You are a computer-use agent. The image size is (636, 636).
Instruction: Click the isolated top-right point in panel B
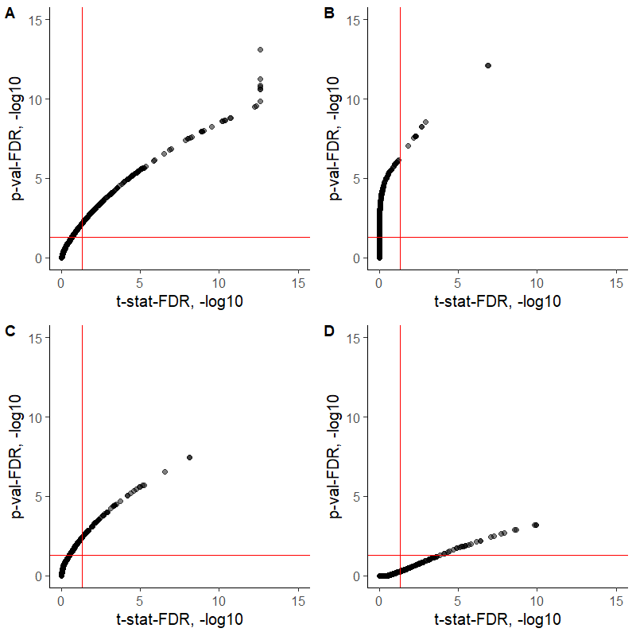tap(487, 65)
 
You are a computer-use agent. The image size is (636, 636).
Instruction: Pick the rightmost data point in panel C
tap(189, 457)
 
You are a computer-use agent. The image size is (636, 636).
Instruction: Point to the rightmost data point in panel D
tap(536, 525)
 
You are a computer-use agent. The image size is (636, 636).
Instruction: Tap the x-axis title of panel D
tap(498, 619)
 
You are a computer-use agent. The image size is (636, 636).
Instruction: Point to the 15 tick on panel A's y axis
tap(37, 20)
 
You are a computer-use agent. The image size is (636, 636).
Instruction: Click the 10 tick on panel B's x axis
tap(537, 282)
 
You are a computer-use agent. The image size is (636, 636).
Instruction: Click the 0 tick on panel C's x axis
tap(61, 600)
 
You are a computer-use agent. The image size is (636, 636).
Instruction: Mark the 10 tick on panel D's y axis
tap(355, 417)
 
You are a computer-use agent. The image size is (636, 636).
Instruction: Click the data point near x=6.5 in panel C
tap(165, 471)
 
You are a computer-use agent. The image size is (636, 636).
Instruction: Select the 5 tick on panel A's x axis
tap(140, 282)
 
